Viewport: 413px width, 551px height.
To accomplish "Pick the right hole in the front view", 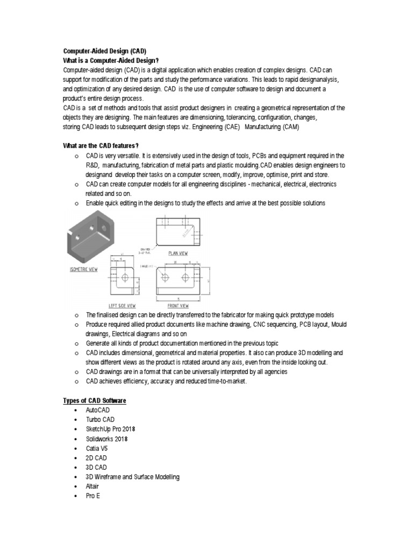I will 186,278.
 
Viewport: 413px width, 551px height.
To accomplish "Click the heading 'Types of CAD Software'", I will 95,401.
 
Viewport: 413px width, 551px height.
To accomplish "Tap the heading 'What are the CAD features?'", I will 101,146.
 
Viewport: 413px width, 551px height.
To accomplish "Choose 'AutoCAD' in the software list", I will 97,410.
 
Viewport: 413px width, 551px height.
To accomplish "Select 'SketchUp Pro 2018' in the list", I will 110,429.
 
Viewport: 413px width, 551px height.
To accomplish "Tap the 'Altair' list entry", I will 93,486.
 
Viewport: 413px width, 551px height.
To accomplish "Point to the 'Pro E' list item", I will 93,496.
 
